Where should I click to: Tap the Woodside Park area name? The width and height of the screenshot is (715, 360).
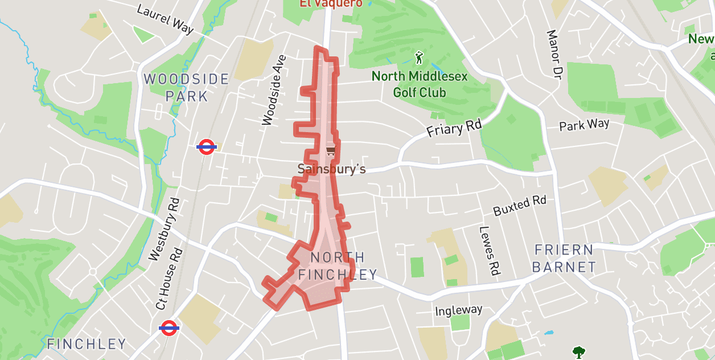[x=187, y=87]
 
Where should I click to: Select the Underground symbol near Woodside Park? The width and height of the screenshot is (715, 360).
[x=206, y=147]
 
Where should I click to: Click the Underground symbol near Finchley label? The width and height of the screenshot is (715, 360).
[x=169, y=328]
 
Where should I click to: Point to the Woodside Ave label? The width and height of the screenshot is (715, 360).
[x=274, y=90]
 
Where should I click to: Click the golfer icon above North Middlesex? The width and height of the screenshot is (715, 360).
[x=420, y=58]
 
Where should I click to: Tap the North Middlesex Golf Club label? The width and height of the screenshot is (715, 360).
[x=420, y=84]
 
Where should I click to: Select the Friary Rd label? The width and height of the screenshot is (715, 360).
[x=454, y=129]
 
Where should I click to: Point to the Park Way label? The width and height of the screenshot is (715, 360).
[x=584, y=125]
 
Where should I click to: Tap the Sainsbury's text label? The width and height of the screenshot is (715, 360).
[x=331, y=169]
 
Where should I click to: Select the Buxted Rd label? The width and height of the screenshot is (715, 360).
[x=520, y=205]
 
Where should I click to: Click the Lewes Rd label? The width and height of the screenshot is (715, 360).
[x=489, y=251]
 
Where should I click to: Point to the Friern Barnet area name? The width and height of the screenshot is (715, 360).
[x=565, y=258]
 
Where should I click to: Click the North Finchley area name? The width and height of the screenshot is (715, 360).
[x=338, y=266]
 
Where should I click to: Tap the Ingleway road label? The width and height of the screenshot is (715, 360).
[x=458, y=310]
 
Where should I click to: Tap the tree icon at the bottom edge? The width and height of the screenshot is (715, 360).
[x=579, y=353]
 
